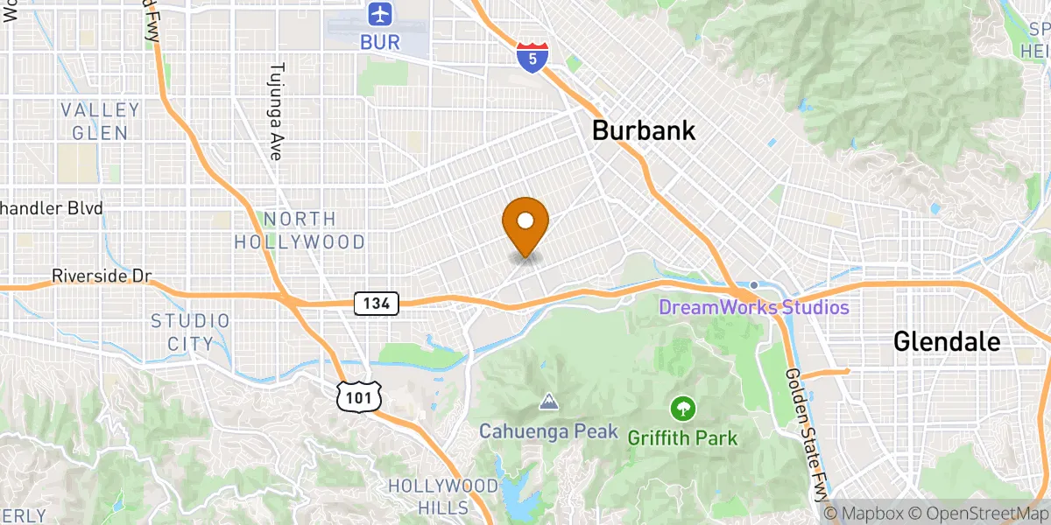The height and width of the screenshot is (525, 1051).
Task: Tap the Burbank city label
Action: click(x=644, y=131)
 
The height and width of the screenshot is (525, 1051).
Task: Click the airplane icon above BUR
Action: click(x=379, y=15)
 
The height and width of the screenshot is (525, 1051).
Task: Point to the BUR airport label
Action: click(x=379, y=41)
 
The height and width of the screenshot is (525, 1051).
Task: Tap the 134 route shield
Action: click(x=377, y=304)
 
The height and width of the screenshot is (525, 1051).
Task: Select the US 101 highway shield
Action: click(x=360, y=396)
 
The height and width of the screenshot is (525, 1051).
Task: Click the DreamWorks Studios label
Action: click(x=753, y=307)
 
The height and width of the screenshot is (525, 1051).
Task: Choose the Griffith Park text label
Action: click(x=682, y=437)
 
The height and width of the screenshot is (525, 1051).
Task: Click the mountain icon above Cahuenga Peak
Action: click(x=548, y=402)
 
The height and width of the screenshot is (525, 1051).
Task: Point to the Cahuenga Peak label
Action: click(x=548, y=431)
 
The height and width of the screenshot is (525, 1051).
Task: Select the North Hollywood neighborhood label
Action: click(x=300, y=230)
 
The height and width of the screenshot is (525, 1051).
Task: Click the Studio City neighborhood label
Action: click(x=190, y=332)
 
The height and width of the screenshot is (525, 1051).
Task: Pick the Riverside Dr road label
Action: click(x=102, y=276)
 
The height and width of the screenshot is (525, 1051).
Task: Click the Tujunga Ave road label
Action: click(x=278, y=111)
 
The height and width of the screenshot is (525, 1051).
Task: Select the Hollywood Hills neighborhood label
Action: click(x=430, y=497)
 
